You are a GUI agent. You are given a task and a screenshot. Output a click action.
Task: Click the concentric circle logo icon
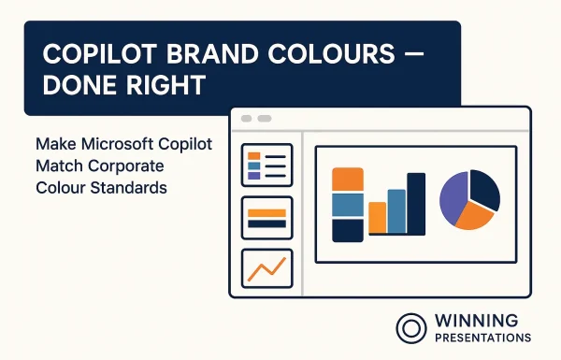[411, 327]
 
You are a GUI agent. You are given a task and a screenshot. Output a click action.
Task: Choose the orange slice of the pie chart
[473, 216]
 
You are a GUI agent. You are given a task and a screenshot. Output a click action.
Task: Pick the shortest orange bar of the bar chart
[378, 217]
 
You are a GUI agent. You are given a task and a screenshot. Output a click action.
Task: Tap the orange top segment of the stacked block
[348, 180]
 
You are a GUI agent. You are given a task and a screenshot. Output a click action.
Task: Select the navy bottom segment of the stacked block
[348, 230]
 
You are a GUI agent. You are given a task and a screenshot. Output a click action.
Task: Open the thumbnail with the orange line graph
[266, 268]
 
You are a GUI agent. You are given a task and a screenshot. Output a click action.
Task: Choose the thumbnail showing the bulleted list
[266, 165]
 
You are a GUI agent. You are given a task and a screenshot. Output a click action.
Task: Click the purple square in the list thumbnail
[254, 175]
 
